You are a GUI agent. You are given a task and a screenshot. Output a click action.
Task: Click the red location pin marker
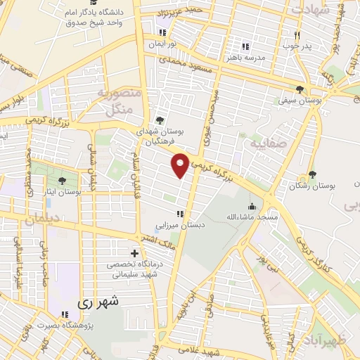pos(181,165)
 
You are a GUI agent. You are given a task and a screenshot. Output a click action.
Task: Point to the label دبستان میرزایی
pos(180,226)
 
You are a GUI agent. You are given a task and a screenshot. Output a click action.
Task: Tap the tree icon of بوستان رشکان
pos(312,174)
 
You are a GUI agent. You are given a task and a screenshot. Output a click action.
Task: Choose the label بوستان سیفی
pos(300,101)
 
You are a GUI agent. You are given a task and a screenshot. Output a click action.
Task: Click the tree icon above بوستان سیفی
pos(300,89)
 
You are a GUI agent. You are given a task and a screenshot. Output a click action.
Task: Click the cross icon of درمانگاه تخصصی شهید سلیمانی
pos(134,253)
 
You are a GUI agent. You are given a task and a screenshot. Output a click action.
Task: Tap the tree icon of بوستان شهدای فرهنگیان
pos(160,120)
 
